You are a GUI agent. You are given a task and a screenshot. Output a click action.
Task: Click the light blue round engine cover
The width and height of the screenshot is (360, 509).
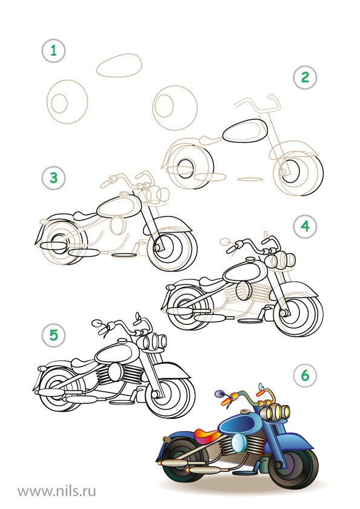pyautogui.click(x=239, y=443)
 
